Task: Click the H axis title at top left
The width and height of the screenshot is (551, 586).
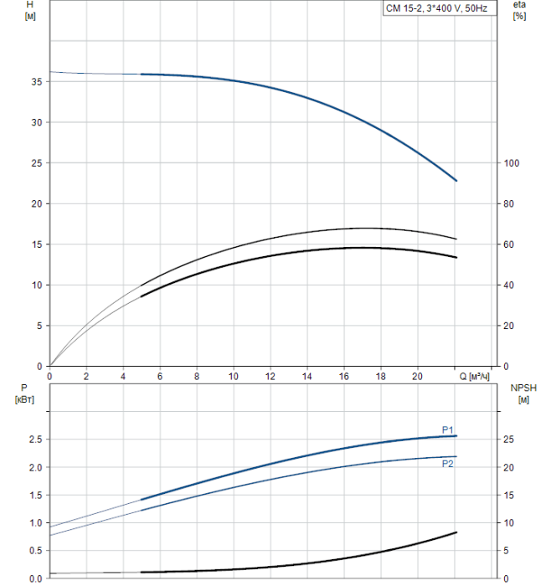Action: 31,11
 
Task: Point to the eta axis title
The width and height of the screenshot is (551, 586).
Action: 519,11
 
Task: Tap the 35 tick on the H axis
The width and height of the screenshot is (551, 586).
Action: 36,82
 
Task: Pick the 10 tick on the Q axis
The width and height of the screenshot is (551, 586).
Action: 234,378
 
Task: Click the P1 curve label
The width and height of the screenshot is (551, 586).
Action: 448,429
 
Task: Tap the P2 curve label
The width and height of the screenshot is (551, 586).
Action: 448,463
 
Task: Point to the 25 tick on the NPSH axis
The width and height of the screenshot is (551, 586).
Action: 507,439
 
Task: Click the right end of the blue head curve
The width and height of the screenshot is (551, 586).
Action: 456,181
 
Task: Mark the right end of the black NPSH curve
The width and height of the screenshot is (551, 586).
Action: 456,532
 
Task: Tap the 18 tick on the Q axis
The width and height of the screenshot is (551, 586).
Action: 381,378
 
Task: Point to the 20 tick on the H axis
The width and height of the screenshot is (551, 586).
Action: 36,204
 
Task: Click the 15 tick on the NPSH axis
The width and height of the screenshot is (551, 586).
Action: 507,496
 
